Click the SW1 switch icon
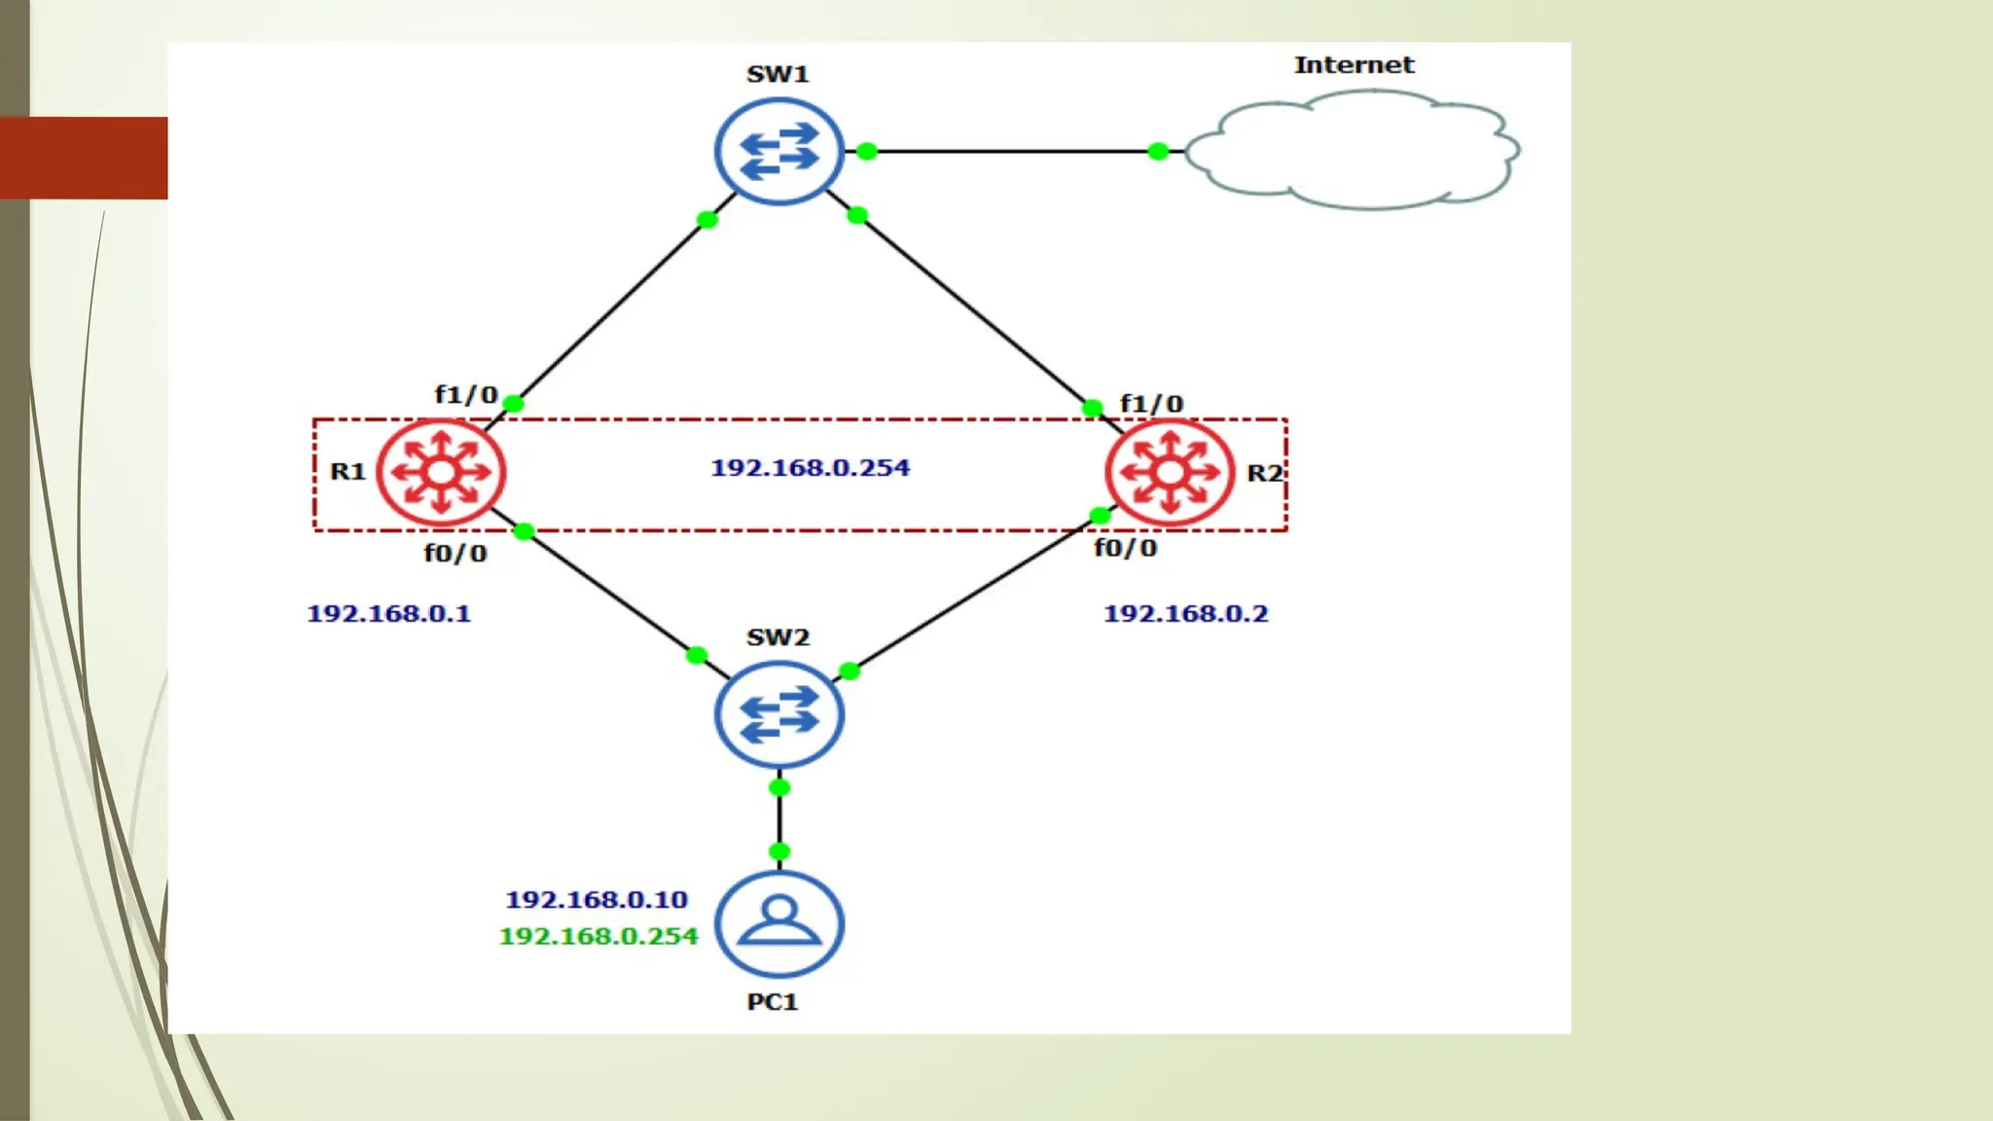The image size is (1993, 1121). click(x=779, y=152)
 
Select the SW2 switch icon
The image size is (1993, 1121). click(x=779, y=715)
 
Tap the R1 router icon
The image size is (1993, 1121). click(x=441, y=473)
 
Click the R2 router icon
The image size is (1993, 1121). click(x=1170, y=473)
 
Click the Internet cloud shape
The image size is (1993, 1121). click(x=1353, y=151)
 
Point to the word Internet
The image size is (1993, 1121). click(x=1353, y=65)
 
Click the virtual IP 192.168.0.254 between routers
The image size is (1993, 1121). click(x=810, y=468)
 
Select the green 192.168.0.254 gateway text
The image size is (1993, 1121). click(x=598, y=936)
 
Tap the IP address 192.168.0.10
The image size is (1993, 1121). click(x=597, y=900)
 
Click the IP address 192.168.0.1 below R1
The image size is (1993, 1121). click(x=388, y=614)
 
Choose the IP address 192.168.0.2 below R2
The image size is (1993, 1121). click(x=1185, y=614)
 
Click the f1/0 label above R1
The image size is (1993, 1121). click(x=466, y=395)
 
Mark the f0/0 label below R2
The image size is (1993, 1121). click(x=1125, y=549)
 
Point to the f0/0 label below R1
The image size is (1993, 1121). click(x=454, y=554)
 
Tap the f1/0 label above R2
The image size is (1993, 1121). click(x=1151, y=404)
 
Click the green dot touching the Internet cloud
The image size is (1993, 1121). click(x=1158, y=152)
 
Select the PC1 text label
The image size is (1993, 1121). click(x=773, y=1002)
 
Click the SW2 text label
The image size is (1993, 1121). click(x=778, y=637)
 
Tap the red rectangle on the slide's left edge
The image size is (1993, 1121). click(x=84, y=158)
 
